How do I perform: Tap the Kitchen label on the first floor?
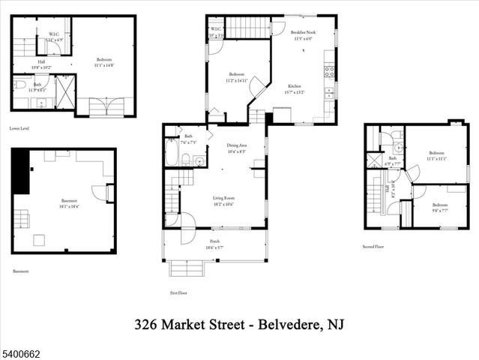293,86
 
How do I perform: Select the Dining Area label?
237,145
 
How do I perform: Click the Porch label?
214,241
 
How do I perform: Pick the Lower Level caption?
20,128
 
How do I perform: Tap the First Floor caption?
178,293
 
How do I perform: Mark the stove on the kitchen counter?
328,73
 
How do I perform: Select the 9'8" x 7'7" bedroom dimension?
439,210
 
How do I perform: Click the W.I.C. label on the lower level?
55,34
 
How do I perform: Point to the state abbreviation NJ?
334,325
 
